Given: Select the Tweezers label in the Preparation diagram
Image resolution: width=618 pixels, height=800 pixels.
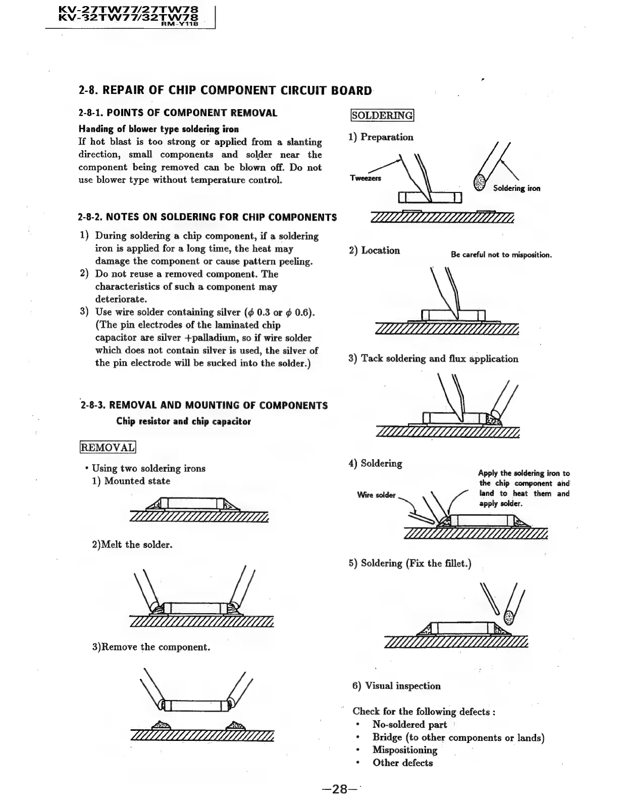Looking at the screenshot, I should [366, 178].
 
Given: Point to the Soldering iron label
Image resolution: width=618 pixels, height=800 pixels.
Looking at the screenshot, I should [517, 188].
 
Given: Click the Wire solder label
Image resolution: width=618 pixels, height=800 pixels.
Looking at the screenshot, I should [376, 495].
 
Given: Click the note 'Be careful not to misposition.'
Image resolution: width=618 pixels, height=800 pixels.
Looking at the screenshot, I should [501, 255].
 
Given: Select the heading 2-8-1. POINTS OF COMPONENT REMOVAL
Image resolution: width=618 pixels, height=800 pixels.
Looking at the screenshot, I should [178, 113].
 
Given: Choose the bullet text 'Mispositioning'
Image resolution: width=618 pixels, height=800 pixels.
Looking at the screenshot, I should [404, 750].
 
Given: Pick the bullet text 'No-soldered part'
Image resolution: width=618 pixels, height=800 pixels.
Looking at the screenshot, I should [409, 725].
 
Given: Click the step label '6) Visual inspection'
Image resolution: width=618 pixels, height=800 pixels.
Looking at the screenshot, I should [396, 686].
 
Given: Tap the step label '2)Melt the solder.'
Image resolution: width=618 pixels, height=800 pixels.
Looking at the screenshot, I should [132, 544].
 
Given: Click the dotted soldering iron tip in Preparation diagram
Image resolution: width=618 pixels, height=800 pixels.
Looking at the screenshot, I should [479, 182].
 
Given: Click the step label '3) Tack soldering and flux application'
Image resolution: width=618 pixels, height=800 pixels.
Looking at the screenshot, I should [433, 359].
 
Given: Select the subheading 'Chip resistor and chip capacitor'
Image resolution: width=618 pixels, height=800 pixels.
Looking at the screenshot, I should [183, 421].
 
